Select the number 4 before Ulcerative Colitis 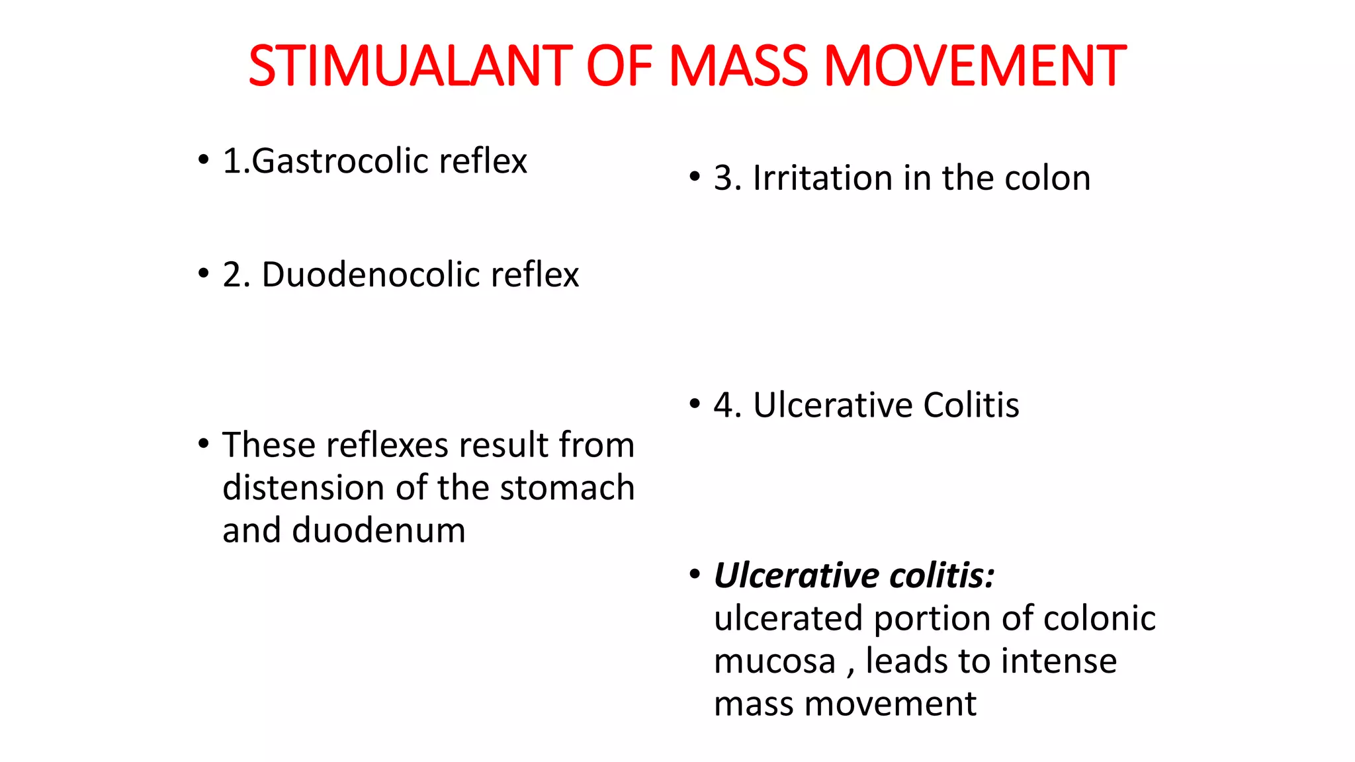point(724,405)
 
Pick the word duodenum point(379,531)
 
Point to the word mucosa point(775,661)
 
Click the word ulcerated point(789,619)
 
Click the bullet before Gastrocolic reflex point(204,160)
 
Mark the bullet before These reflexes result point(204,444)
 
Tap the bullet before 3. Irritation point(695,177)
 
